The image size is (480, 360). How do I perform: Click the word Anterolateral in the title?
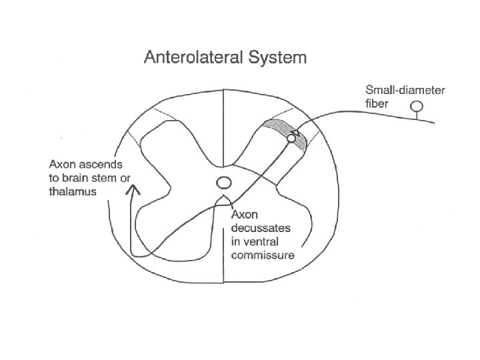point(194,57)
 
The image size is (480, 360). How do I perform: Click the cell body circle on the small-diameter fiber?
point(417,106)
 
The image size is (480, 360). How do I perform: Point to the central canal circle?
point(224,183)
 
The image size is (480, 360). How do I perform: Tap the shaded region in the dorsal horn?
point(278,126)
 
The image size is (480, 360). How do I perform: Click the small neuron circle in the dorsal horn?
point(291,139)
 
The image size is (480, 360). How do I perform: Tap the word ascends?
point(98,163)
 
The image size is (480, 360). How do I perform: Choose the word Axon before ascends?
point(63,163)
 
